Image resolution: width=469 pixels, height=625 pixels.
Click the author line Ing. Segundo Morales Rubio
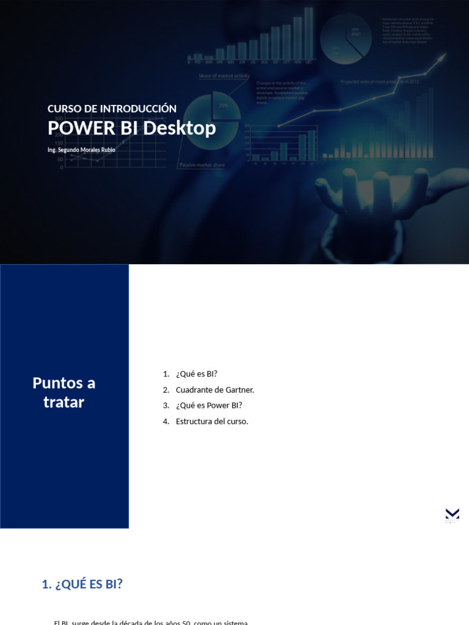coord(81,150)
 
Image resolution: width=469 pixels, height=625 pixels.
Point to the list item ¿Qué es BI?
coord(197,374)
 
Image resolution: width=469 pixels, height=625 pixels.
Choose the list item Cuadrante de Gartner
coord(215,389)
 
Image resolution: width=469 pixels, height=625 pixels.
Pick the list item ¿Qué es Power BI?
coord(209,405)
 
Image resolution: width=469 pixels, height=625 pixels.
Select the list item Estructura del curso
coord(212,421)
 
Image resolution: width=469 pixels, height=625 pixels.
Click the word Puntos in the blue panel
coord(56,383)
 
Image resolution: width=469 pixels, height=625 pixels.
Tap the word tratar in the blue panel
coord(64,402)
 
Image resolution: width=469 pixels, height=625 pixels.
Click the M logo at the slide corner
coord(452,515)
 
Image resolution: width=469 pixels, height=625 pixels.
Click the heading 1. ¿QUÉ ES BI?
coord(82,584)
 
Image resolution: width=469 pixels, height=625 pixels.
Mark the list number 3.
coord(166,405)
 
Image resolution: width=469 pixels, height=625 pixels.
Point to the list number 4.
coord(166,421)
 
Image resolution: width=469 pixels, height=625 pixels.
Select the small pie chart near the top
coord(345,38)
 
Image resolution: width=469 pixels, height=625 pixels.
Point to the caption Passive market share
coord(202,165)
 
